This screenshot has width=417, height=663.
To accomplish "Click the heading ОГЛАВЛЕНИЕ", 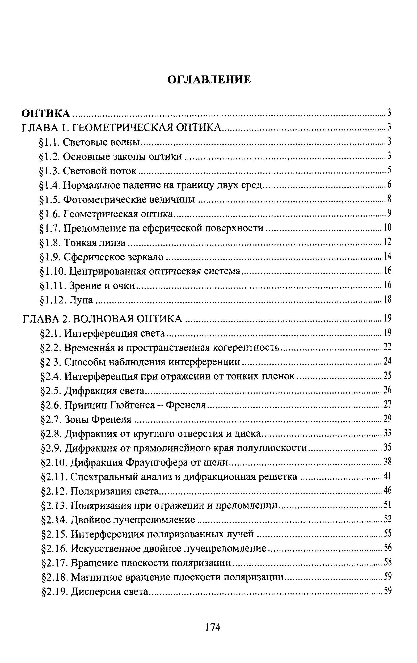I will pyautogui.click(x=209, y=80).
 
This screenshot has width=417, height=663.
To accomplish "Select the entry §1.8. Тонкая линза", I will pyautogui.click(x=83, y=243).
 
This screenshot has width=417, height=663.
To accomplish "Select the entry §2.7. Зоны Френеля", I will pyautogui.click(x=86, y=419).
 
